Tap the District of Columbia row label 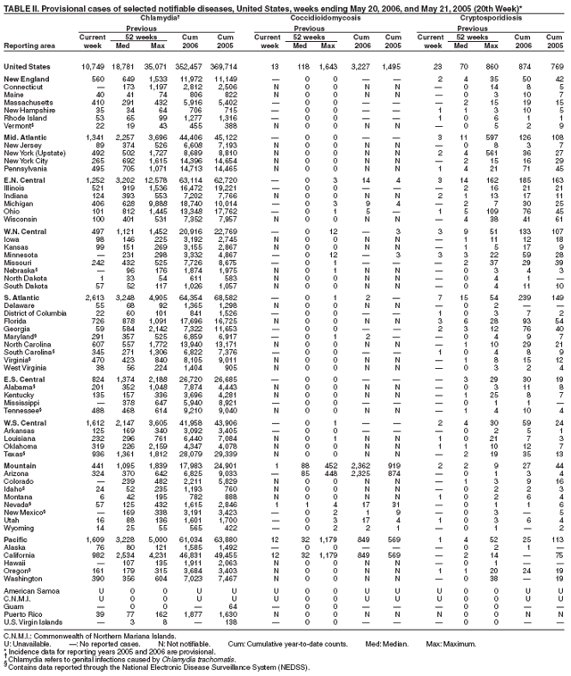coord(35,338)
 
